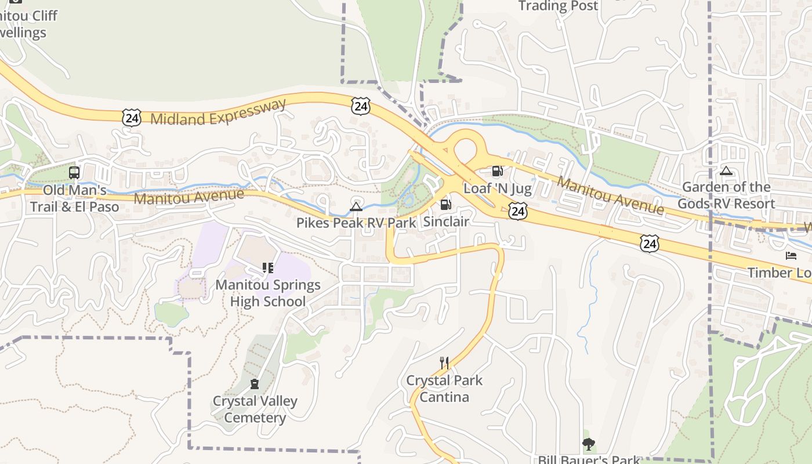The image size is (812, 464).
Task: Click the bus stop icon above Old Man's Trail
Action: click(x=74, y=172)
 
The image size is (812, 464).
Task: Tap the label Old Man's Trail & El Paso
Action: click(x=74, y=198)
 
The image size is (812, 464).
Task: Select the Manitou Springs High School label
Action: click(x=267, y=293)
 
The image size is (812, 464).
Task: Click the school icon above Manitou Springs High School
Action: click(x=267, y=267)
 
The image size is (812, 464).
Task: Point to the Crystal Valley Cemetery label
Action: click(x=255, y=409)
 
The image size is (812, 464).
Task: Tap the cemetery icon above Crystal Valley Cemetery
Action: click(x=254, y=383)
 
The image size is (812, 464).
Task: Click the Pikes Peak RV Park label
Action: click(x=356, y=223)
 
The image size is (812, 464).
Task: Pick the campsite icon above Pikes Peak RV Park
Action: click(x=356, y=206)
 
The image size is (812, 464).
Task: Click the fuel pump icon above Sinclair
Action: click(x=445, y=204)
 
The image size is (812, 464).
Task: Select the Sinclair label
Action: click(x=445, y=222)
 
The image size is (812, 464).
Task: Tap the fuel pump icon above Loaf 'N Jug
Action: click(x=497, y=171)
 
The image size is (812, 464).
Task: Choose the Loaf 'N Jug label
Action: click(x=497, y=188)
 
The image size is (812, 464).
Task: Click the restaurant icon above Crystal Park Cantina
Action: click(x=444, y=363)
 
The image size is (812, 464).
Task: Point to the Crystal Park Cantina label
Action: click(x=444, y=389)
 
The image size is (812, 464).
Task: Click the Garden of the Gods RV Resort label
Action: click(x=726, y=195)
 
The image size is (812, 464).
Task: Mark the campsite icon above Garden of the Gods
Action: click(x=726, y=171)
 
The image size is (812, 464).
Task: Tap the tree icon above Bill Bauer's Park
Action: click(x=589, y=445)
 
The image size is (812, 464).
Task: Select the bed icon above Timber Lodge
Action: click(x=791, y=256)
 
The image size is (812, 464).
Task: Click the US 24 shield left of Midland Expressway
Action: click(x=132, y=118)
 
